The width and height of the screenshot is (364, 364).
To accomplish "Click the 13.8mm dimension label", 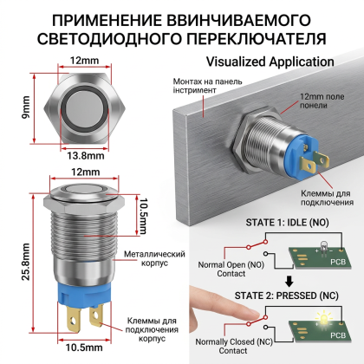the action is (86, 156).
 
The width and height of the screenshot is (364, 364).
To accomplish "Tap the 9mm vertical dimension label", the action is (26, 107).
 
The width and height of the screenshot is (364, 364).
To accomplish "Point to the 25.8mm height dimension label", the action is (25, 262).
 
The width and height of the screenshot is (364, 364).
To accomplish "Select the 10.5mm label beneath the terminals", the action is (84, 348).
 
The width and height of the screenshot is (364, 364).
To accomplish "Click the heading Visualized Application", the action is (270, 62).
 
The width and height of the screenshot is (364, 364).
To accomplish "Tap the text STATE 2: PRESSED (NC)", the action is (286, 296).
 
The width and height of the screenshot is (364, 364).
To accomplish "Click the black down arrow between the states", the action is (289, 282).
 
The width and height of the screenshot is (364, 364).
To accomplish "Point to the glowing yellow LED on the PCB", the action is (323, 318).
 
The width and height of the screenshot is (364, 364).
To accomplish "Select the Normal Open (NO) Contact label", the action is (231, 269).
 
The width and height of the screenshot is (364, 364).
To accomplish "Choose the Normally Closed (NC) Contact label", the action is (234, 346).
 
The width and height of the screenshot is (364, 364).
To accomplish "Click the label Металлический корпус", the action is (154, 258).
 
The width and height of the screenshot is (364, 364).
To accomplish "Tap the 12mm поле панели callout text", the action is (322, 101).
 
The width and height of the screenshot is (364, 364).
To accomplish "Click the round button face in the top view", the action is (84, 109).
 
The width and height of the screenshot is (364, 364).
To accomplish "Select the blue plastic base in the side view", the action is (84, 293).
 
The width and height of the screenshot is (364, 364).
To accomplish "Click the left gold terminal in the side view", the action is (74, 319).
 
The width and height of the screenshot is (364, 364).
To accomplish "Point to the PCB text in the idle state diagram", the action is (338, 262).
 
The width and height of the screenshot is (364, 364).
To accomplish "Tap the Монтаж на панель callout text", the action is (207, 86).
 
